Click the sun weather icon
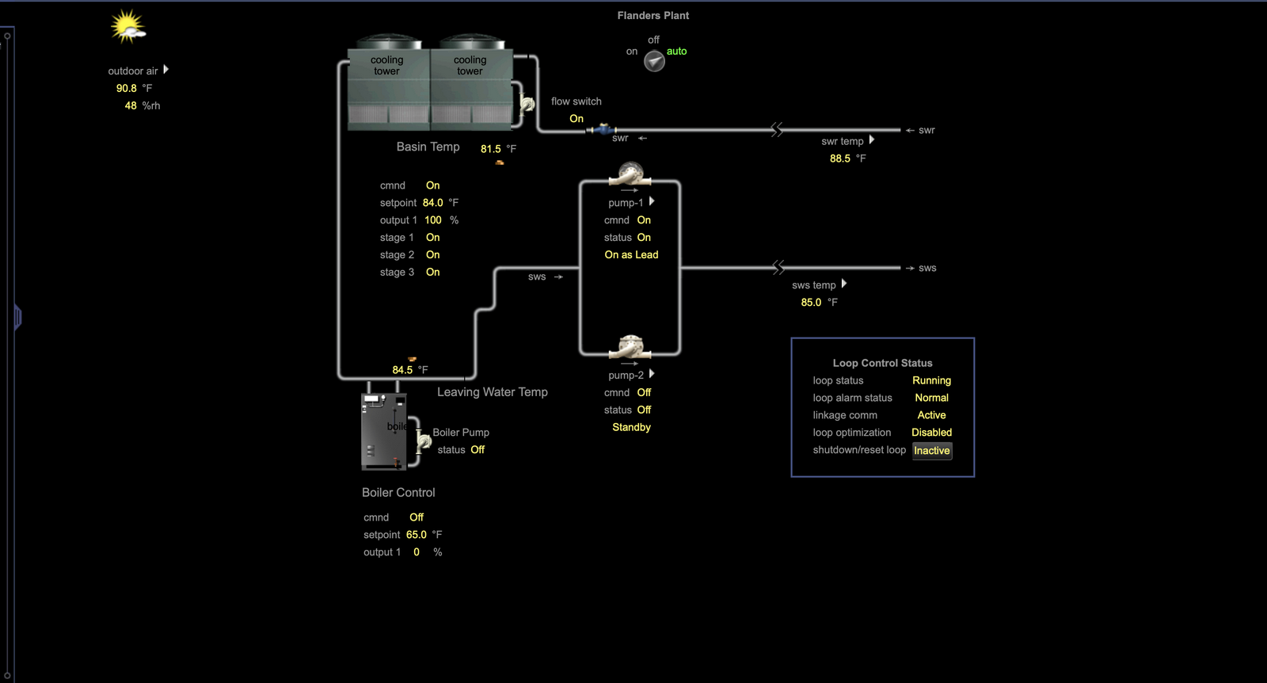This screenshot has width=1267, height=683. point(127,26)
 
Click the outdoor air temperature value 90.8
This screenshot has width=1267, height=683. point(127,89)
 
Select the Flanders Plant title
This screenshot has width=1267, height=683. point(653,16)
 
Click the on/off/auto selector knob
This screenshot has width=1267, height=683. point(654,61)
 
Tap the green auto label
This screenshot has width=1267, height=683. point(676,52)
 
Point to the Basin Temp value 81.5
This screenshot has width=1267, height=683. point(491,149)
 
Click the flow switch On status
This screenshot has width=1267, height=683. point(576,119)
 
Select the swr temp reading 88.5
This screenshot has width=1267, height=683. point(840,158)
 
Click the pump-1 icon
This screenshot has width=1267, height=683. point(630,174)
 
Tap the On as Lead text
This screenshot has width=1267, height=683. point(631,255)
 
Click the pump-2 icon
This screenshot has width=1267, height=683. point(630,346)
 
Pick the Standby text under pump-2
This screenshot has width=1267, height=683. point(631,428)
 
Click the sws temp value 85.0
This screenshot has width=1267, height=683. point(811,303)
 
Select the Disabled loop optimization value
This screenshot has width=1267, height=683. point(931,433)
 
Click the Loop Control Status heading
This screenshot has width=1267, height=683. point(882,364)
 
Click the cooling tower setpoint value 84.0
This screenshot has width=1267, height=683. point(432,204)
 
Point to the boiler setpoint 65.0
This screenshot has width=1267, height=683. point(416,536)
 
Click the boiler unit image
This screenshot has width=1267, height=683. point(384,431)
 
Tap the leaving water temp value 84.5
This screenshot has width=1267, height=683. point(402,370)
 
